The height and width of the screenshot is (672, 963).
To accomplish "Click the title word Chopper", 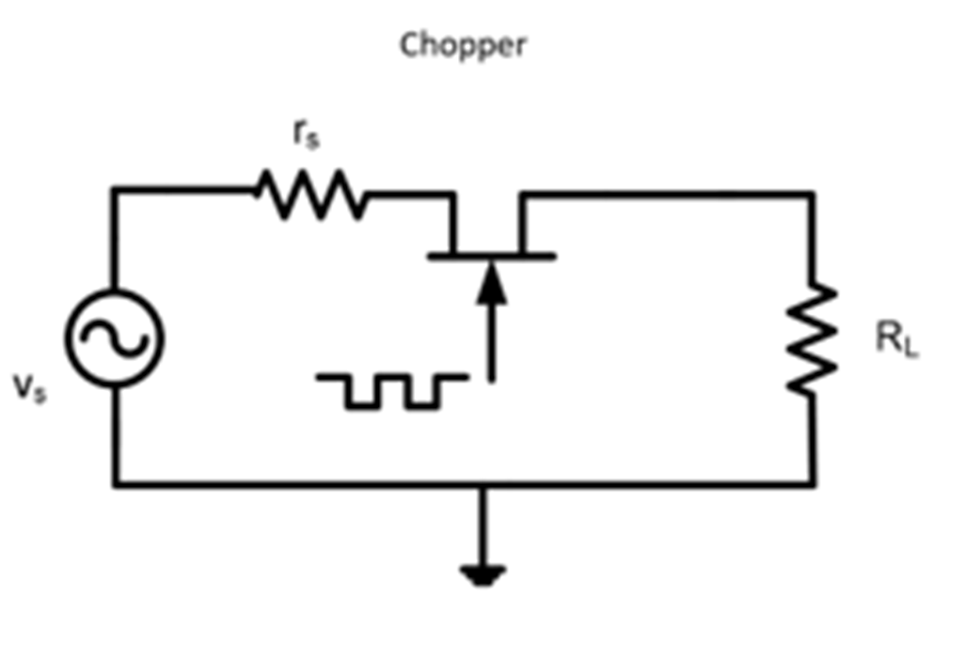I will [464, 45].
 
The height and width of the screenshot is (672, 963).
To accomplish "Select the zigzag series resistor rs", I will [310, 195].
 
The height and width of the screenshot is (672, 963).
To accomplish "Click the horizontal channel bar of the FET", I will [490, 256].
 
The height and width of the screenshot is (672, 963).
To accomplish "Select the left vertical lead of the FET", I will [454, 224].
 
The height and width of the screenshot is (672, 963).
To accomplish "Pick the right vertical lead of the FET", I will [524, 224].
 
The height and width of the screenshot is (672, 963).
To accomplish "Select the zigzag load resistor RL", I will [812, 337].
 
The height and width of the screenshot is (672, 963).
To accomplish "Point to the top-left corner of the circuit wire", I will [115, 191].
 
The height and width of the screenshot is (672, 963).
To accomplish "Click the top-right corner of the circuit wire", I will [812, 195].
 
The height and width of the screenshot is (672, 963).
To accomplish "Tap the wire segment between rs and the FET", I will [410, 195].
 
